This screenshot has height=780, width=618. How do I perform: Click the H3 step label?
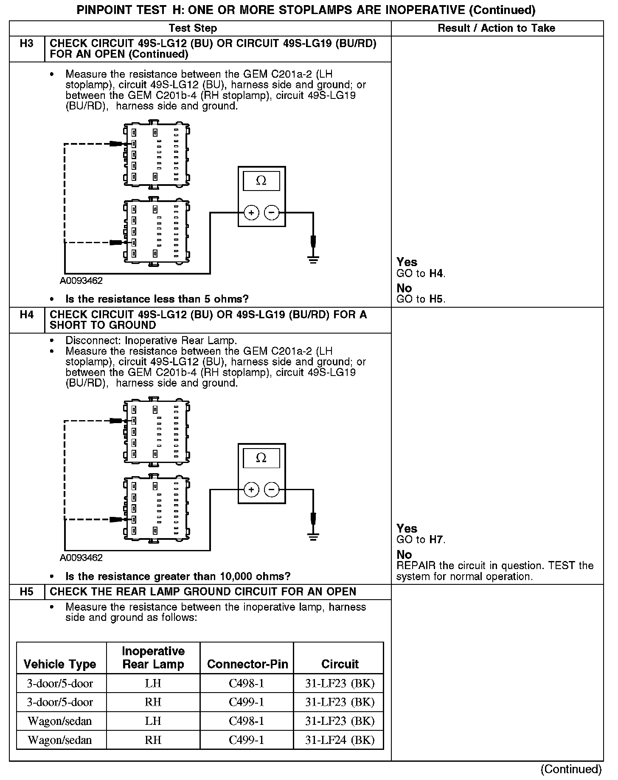pyautogui.click(x=26, y=44)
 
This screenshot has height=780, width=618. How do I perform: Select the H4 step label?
pyautogui.click(x=26, y=315)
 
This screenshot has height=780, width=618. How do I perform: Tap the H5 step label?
pyautogui.click(x=26, y=592)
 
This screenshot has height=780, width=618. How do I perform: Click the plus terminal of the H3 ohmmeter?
pyautogui.click(x=251, y=213)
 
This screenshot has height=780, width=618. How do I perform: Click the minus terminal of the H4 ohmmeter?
pyautogui.click(x=272, y=490)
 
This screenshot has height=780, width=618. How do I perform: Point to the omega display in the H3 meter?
pyautogui.click(x=261, y=181)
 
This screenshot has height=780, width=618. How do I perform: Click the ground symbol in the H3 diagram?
pyautogui.click(x=313, y=259)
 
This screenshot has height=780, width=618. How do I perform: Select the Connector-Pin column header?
pyautogui.click(x=247, y=664)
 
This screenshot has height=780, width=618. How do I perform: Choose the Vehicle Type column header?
pyautogui.click(x=60, y=664)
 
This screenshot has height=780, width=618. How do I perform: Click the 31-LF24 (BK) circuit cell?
pyautogui.click(x=340, y=740)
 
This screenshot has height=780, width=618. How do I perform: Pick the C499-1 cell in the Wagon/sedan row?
pyautogui.click(x=246, y=740)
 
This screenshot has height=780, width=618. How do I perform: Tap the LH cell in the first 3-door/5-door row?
pyautogui.click(x=153, y=684)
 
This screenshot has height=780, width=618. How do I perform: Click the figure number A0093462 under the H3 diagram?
pyautogui.click(x=81, y=281)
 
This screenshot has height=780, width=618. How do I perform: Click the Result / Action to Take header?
pyautogui.click(x=496, y=28)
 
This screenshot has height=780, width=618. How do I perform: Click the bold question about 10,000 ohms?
pyautogui.click(x=178, y=576)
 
